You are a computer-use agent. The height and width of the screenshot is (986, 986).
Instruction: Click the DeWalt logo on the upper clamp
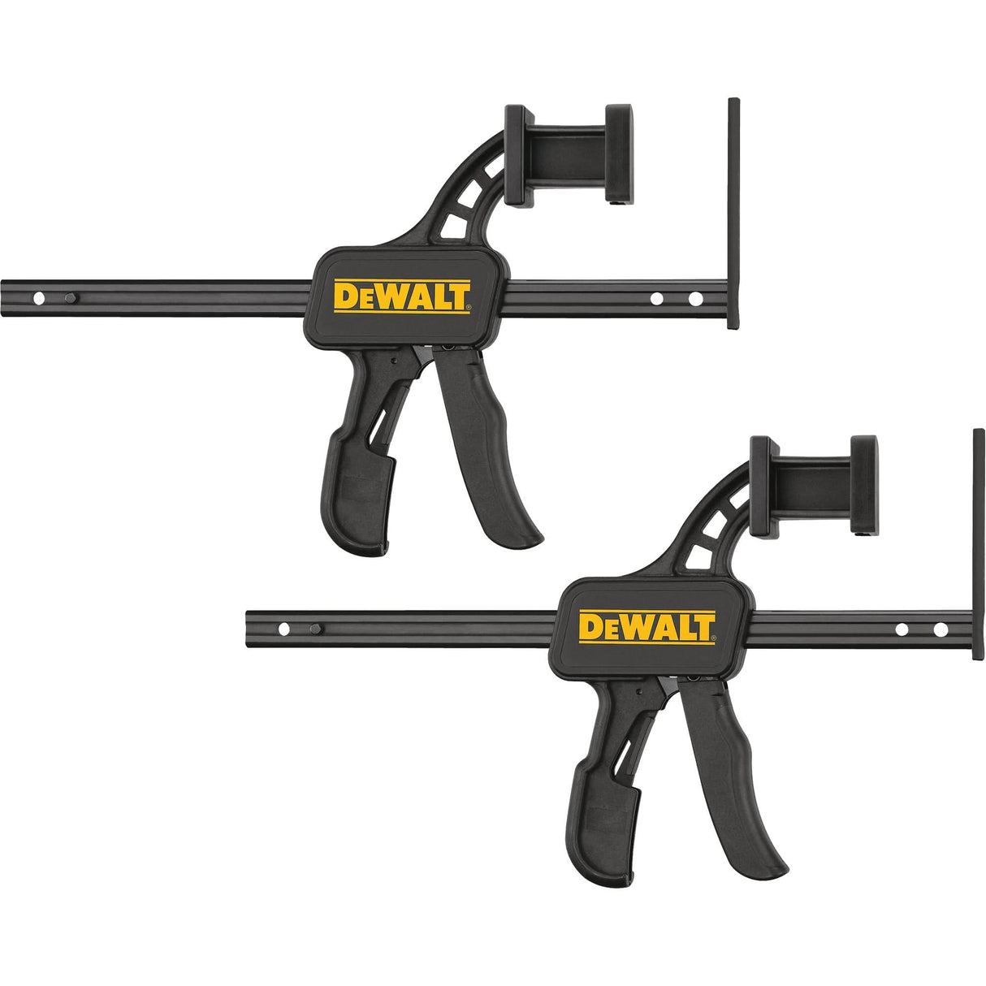tap(401, 296)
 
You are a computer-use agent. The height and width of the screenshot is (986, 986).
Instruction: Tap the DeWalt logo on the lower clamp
tap(647, 627)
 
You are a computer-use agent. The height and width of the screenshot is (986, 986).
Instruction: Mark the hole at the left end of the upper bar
tap(37, 299)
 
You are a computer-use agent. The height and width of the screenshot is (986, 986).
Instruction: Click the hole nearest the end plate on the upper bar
tap(694, 299)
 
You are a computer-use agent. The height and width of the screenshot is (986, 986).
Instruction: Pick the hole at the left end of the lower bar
tap(283, 629)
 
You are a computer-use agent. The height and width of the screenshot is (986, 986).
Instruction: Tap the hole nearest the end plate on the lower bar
tap(940, 629)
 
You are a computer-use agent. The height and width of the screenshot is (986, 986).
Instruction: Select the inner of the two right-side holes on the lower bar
tap(901, 629)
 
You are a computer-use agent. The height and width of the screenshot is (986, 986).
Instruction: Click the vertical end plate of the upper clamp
tap(733, 214)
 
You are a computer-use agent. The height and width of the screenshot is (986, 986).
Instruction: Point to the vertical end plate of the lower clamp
tap(979, 544)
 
